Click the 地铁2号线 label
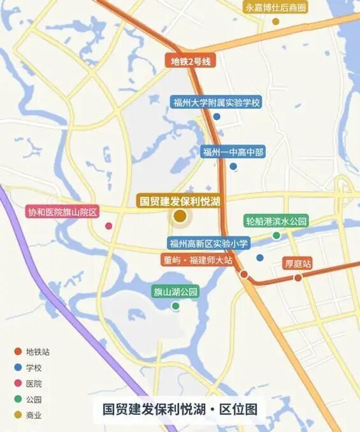[191, 62]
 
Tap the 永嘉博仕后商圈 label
[276, 8]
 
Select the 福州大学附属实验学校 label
[217, 102]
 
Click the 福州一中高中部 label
[233, 152]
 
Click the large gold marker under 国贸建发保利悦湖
[180, 217]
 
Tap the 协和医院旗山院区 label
[61, 212]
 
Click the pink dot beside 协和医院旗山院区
[109, 226]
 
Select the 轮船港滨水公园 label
[277, 221]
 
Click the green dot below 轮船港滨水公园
[277, 236]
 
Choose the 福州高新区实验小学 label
[209, 243]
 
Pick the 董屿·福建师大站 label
[196, 260]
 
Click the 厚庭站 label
[298, 263]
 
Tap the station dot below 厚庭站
[298, 278]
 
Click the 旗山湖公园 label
[176, 292]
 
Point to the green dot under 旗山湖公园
[176, 306]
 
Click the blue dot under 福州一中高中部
[233, 167]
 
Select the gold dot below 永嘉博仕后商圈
[276, 21]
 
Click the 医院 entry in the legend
[33, 384]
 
